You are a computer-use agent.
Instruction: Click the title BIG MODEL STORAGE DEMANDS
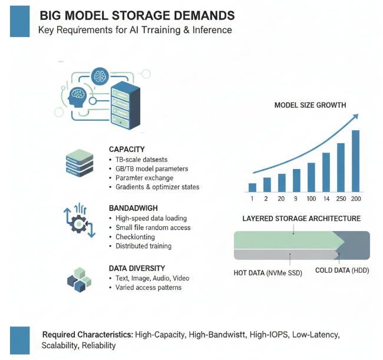click(x=137, y=14)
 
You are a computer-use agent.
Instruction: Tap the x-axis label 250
click(x=341, y=199)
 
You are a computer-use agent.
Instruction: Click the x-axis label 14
click(x=326, y=199)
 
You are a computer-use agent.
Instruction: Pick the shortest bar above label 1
click(x=252, y=187)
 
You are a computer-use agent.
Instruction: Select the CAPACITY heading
click(x=127, y=150)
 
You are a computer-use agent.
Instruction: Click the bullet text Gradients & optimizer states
click(x=157, y=187)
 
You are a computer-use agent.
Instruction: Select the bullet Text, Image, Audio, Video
click(x=153, y=278)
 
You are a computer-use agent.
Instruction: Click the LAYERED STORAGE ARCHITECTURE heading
click(x=302, y=219)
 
